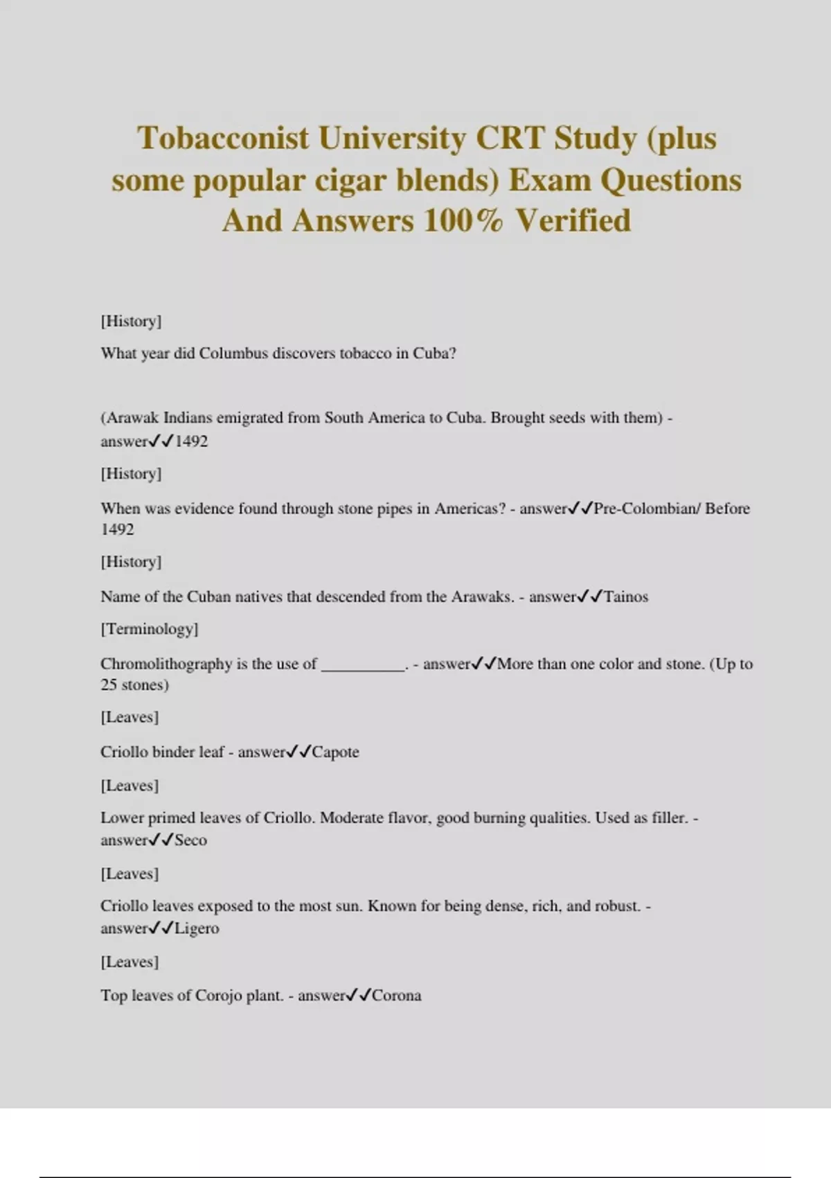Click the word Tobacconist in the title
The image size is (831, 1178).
click(x=223, y=138)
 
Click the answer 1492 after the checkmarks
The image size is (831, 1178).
click(x=191, y=441)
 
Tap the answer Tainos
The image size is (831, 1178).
click(x=626, y=597)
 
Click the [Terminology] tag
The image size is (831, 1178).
click(x=150, y=629)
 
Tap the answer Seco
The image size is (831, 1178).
click(x=190, y=841)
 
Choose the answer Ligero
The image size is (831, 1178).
click(x=197, y=929)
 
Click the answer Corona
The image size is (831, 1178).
click(x=397, y=996)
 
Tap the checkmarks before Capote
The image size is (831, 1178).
click(x=299, y=753)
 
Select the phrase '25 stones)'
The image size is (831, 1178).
click(x=134, y=685)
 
